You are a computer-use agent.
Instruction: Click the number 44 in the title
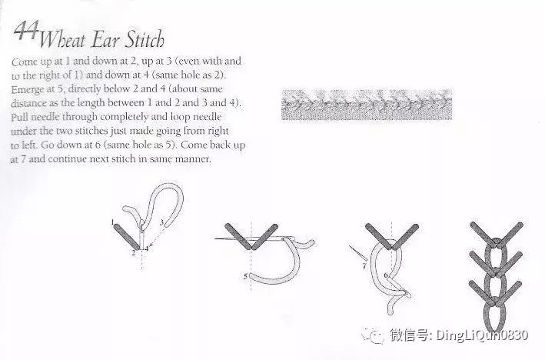26,31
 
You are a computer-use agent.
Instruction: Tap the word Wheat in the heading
61,39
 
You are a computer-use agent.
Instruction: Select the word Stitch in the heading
145,39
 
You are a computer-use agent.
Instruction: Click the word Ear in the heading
105,40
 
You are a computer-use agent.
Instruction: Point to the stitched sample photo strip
367,105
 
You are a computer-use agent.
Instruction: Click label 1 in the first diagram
113,222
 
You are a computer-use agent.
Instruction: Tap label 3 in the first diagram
161,222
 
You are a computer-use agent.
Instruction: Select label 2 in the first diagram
134,252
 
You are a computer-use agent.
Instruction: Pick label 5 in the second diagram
245,276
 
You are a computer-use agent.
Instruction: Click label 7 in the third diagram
364,266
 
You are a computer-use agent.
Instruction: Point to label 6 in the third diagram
385,275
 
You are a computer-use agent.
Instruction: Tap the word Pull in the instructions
19,117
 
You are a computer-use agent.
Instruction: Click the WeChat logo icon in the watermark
373,335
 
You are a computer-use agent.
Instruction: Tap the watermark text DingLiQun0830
482,335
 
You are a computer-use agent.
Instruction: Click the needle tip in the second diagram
215,238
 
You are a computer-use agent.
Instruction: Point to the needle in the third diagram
358,253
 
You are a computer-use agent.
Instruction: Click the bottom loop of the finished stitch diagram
494,316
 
